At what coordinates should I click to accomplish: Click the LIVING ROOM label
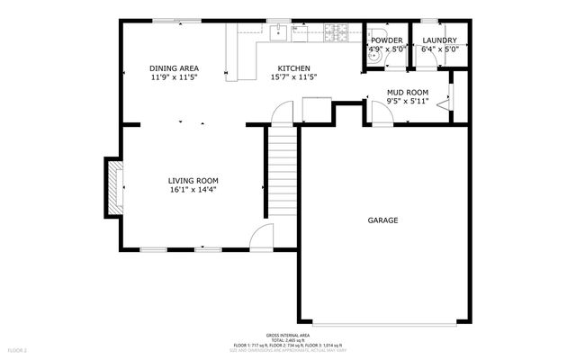click(193, 180)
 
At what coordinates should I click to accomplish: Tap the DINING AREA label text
click(174, 68)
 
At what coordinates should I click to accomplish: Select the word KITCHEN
click(293, 68)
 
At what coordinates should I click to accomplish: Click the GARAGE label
click(382, 220)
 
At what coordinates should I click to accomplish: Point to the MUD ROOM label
click(407, 92)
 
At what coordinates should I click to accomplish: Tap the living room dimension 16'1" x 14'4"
click(193, 190)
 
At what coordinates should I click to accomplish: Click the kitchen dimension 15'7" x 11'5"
click(293, 77)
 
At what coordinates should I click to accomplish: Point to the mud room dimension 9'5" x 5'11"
click(407, 101)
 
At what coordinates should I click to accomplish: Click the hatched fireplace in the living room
click(112, 187)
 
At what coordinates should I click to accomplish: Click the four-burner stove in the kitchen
click(339, 34)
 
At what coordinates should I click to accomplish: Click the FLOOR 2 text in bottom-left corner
click(18, 349)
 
